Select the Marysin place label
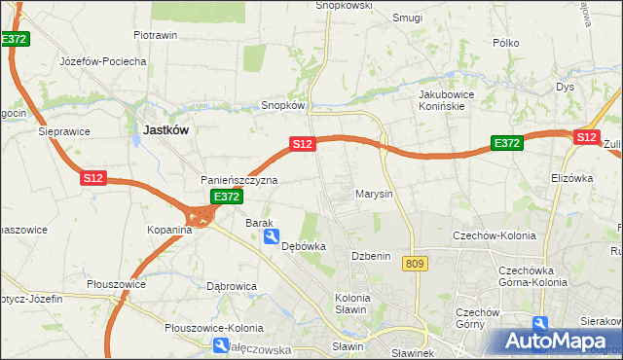tap(374, 194)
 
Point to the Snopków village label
tap(284, 105)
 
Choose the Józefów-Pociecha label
tap(102, 60)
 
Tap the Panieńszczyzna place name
tap(239, 180)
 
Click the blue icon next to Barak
tap(273, 235)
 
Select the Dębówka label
tap(303, 247)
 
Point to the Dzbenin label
tap(371, 256)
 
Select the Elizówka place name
tap(571, 178)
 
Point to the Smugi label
tap(407, 18)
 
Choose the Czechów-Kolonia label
tap(490, 235)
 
